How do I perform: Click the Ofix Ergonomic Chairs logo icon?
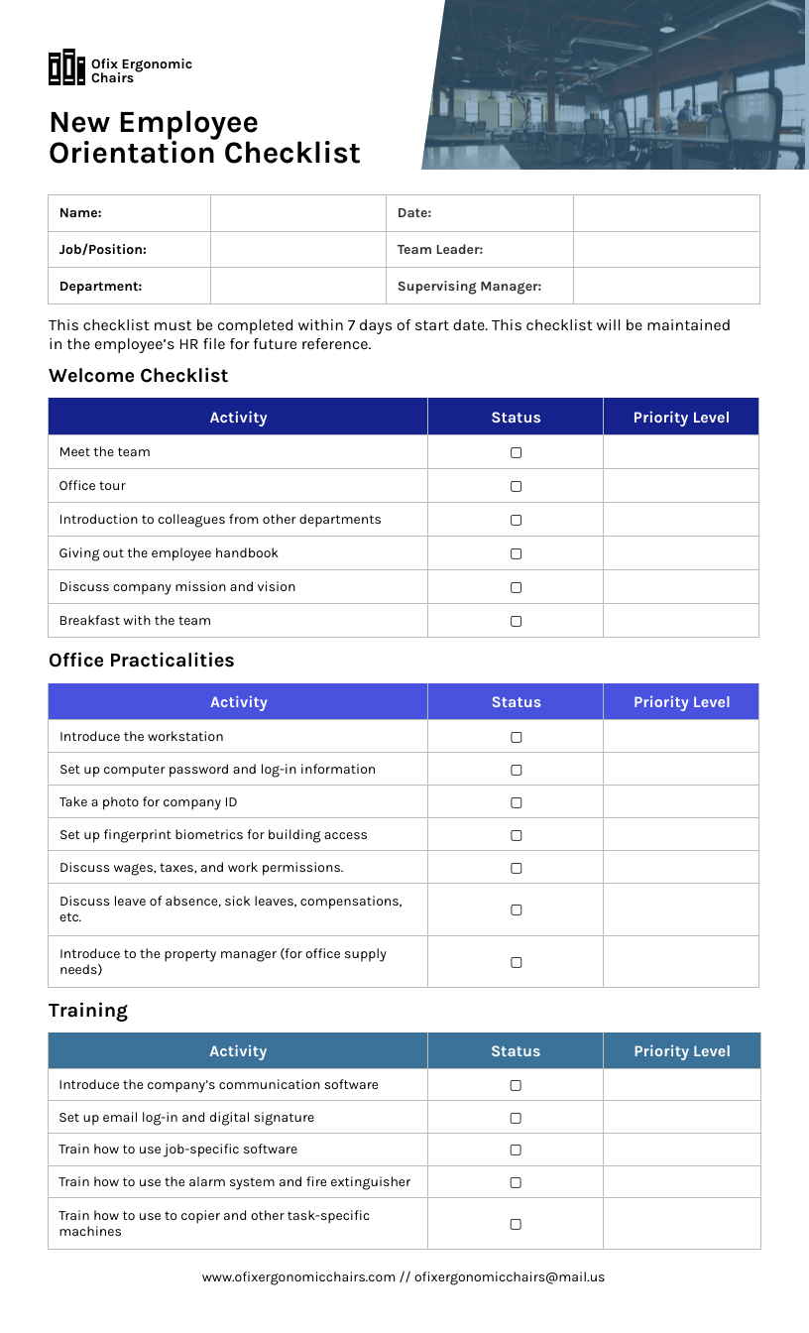point(66,67)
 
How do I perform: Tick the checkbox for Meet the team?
point(516,452)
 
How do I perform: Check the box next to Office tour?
point(516,486)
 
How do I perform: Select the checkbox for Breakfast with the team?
point(516,621)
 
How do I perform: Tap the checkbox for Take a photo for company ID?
point(516,802)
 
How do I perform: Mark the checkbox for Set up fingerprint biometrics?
point(516,835)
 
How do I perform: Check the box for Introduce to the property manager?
point(516,962)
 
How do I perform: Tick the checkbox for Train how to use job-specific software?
point(516,1150)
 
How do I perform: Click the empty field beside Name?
point(297,213)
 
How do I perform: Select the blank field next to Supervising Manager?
point(666,286)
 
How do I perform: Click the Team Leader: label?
point(440,250)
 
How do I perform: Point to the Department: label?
point(100,286)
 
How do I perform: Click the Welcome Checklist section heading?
point(139,376)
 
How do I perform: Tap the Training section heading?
point(88,1011)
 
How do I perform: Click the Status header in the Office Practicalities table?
point(516,702)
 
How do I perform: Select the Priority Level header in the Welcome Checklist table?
point(681,418)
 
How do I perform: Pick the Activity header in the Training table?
point(238,1051)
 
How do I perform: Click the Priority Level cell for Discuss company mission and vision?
point(681,587)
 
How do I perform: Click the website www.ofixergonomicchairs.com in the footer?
point(298,1277)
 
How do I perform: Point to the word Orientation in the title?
point(132,154)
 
